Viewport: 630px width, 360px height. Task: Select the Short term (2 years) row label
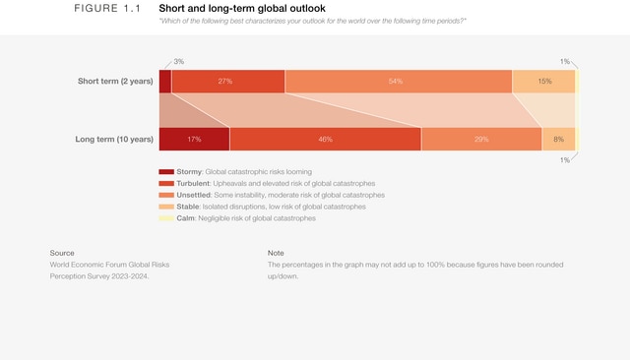[x=115, y=81]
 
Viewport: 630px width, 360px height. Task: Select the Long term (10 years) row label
[x=114, y=139]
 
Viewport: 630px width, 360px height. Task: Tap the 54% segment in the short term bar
[x=398, y=81]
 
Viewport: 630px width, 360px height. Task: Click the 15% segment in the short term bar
[x=543, y=81]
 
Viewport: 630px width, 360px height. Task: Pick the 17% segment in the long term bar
[x=194, y=139]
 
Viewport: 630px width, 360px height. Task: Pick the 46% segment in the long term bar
[x=325, y=139]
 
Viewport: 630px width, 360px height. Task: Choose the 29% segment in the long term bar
[x=481, y=139]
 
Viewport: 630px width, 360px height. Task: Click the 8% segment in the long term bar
[x=558, y=139]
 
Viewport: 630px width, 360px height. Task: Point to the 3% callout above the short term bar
[x=178, y=61]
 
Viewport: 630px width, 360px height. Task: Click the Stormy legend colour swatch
[x=166, y=172]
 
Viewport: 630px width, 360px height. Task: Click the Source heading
[x=62, y=253]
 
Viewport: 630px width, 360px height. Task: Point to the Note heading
[x=276, y=253]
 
